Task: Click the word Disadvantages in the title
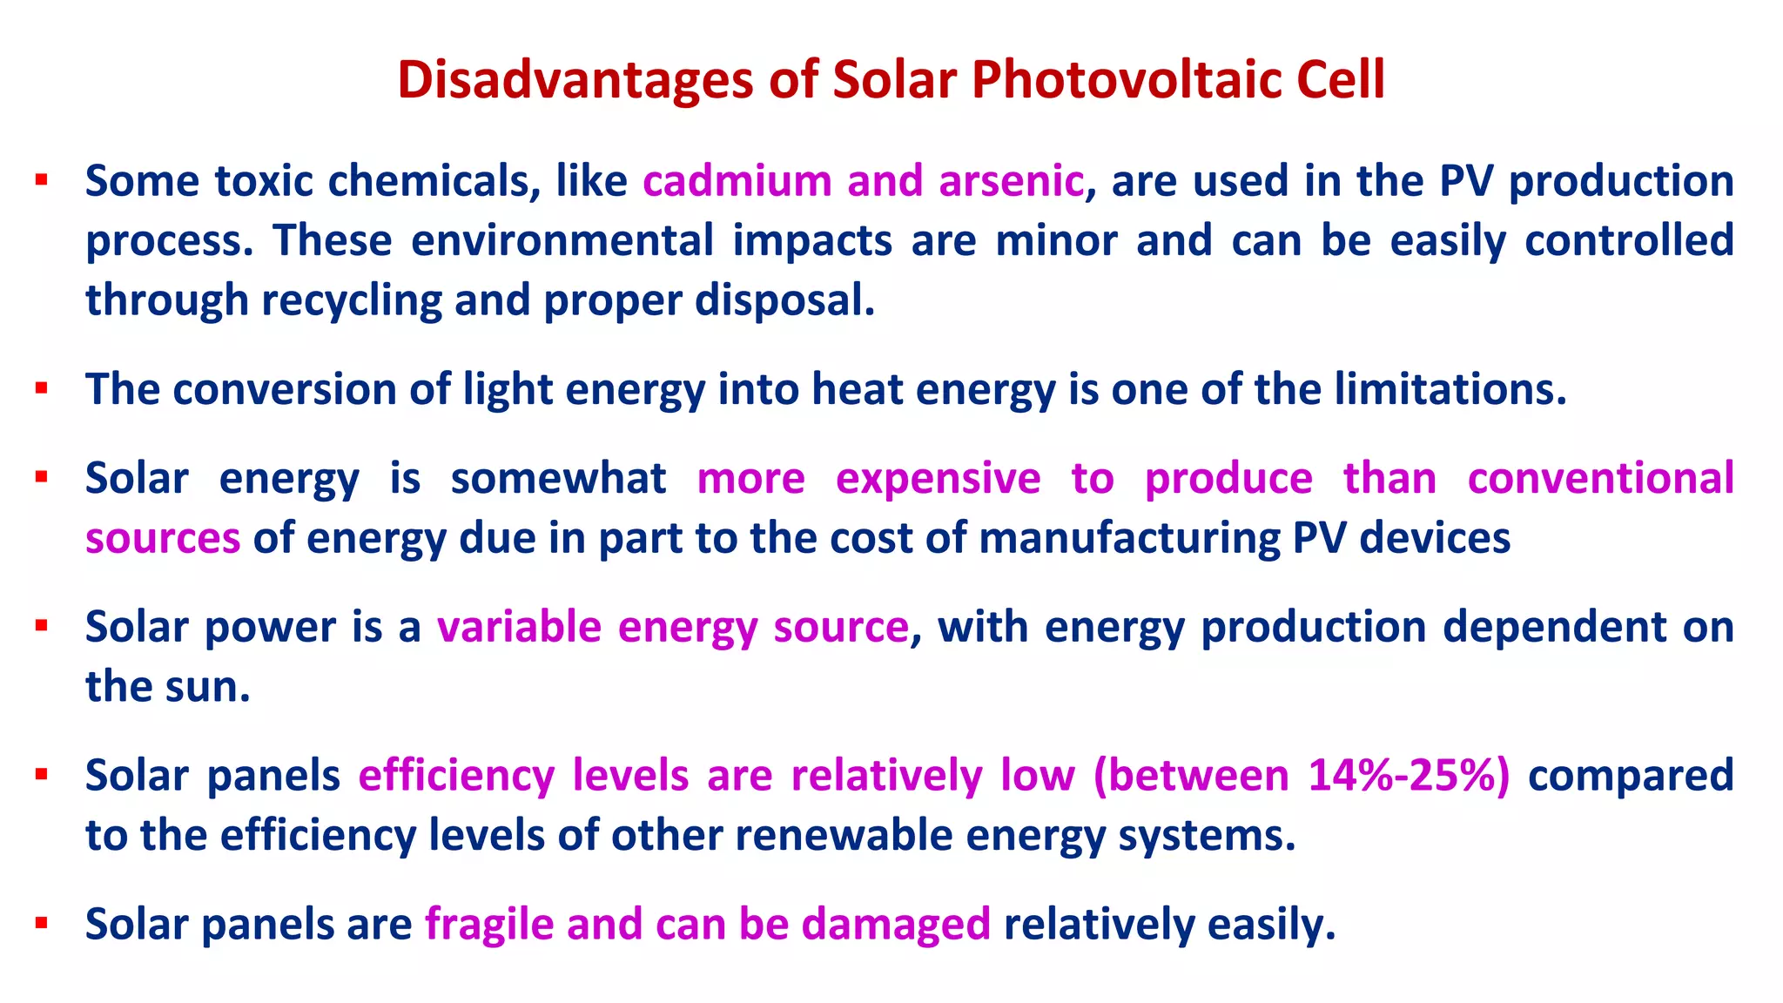tap(575, 80)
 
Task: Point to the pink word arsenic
tap(1011, 181)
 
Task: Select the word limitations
tap(1450, 389)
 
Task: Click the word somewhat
tap(558, 479)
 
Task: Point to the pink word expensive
tap(938, 479)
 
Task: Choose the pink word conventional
tap(1600, 479)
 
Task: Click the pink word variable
tap(519, 627)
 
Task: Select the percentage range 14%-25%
tap(1408, 776)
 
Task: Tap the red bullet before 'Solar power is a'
tap(41, 626)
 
